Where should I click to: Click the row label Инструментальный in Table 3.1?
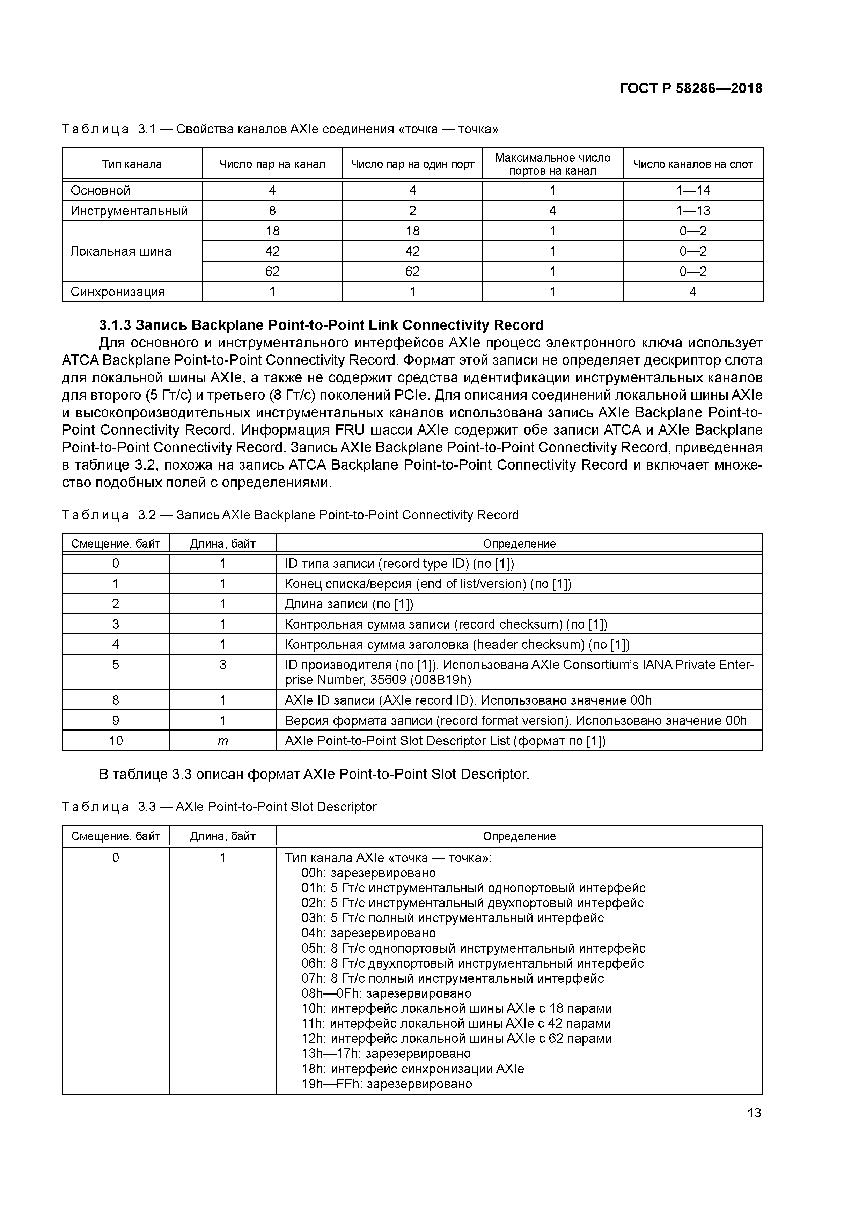pyautogui.click(x=129, y=211)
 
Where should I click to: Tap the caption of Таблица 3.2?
pyautogui.click(x=290, y=515)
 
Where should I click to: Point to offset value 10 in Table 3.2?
pyautogui.click(x=116, y=741)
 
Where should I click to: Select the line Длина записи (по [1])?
pyautogui.click(x=349, y=604)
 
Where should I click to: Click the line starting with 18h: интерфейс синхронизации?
pyautogui.click(x=412, y=1069)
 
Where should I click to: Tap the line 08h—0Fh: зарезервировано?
pyautogui.click(x=386, y=993)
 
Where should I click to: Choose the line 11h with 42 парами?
pyautogui.click(x=456, y=1023)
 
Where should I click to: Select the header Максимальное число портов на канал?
pyautogui.click(x=552, y=164)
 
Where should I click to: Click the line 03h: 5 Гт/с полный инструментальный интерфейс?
pyautogui.click(x=453, y=918)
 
